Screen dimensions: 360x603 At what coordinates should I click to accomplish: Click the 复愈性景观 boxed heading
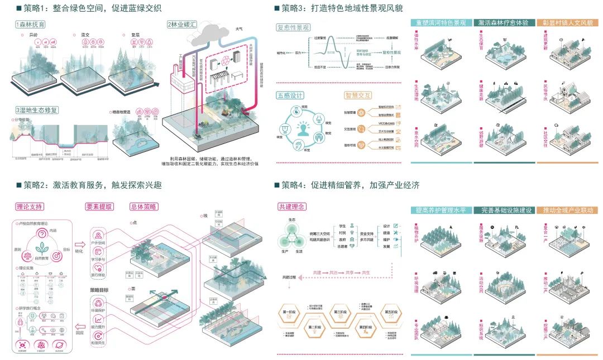click(294, 27)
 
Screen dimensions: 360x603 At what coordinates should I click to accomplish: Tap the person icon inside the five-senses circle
click(303, 131)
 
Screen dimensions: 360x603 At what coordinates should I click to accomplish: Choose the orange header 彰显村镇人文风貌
click(567, 23)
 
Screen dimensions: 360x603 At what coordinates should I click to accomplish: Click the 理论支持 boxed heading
click(30, 207)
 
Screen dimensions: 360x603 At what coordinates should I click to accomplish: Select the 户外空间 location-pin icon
click(98, 235)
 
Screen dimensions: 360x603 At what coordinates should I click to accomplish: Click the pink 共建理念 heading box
click(292, 207)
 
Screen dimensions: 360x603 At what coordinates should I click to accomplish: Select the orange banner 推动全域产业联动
click(567, 210)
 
